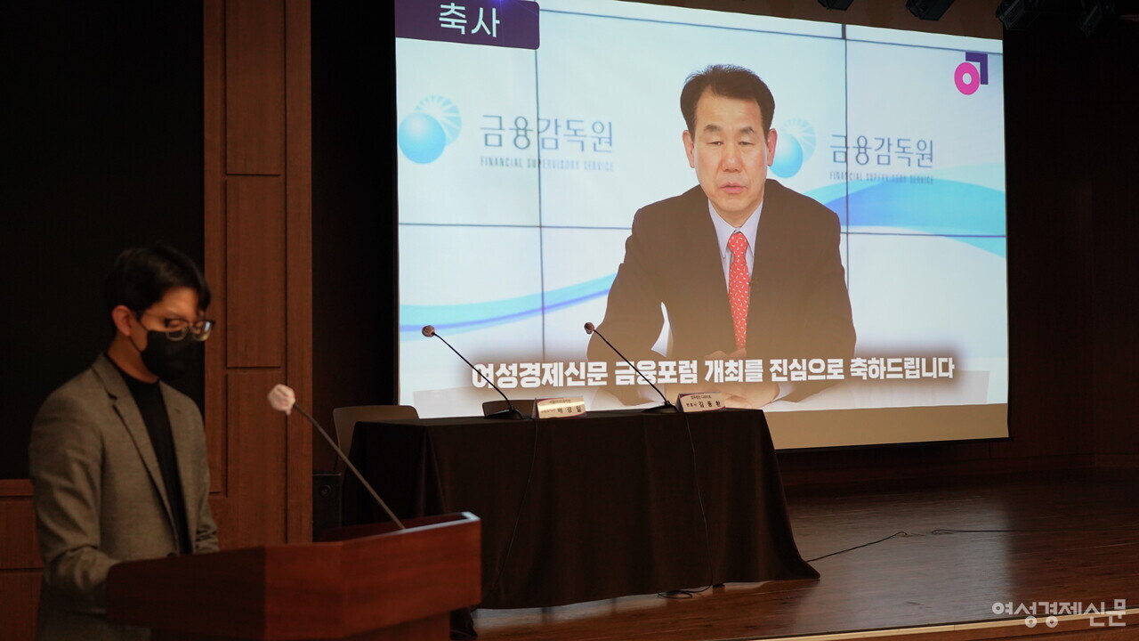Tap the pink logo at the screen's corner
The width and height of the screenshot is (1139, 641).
(x=970, y=73)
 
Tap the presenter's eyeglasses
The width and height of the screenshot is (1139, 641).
(x=187, y=329)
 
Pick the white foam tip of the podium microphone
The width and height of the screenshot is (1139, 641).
(x=281, y=398)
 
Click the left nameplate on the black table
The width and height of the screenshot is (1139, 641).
(x=560, y=408)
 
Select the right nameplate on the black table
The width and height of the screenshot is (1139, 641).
(x=700, y=402)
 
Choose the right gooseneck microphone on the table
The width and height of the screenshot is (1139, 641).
(x=626, y=363)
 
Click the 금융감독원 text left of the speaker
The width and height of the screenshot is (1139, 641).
(x=547, y=134)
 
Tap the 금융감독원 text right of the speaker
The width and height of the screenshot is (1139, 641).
(x=882, y=151)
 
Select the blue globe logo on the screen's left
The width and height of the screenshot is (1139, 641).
(x=428, y=130)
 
